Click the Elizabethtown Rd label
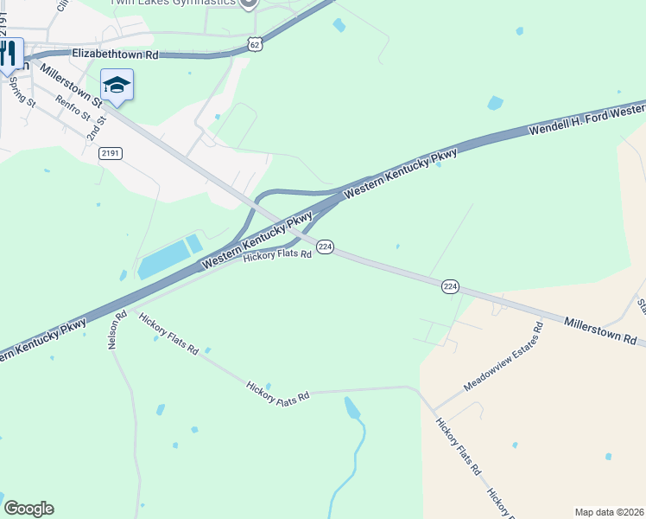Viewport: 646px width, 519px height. (115, 54)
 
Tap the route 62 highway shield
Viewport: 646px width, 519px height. (253, 44)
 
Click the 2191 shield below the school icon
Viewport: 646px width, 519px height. (111, 153)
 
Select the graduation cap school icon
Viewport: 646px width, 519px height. (117, 85)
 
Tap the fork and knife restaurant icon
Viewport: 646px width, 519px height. (9, 53)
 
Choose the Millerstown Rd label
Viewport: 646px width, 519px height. (600, 330)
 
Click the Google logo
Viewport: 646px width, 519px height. (28, 509)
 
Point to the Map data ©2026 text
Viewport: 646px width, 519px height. (609, 512)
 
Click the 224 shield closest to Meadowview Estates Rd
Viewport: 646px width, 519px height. (449, 286)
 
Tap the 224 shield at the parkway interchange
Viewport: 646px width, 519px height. (325, 247)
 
